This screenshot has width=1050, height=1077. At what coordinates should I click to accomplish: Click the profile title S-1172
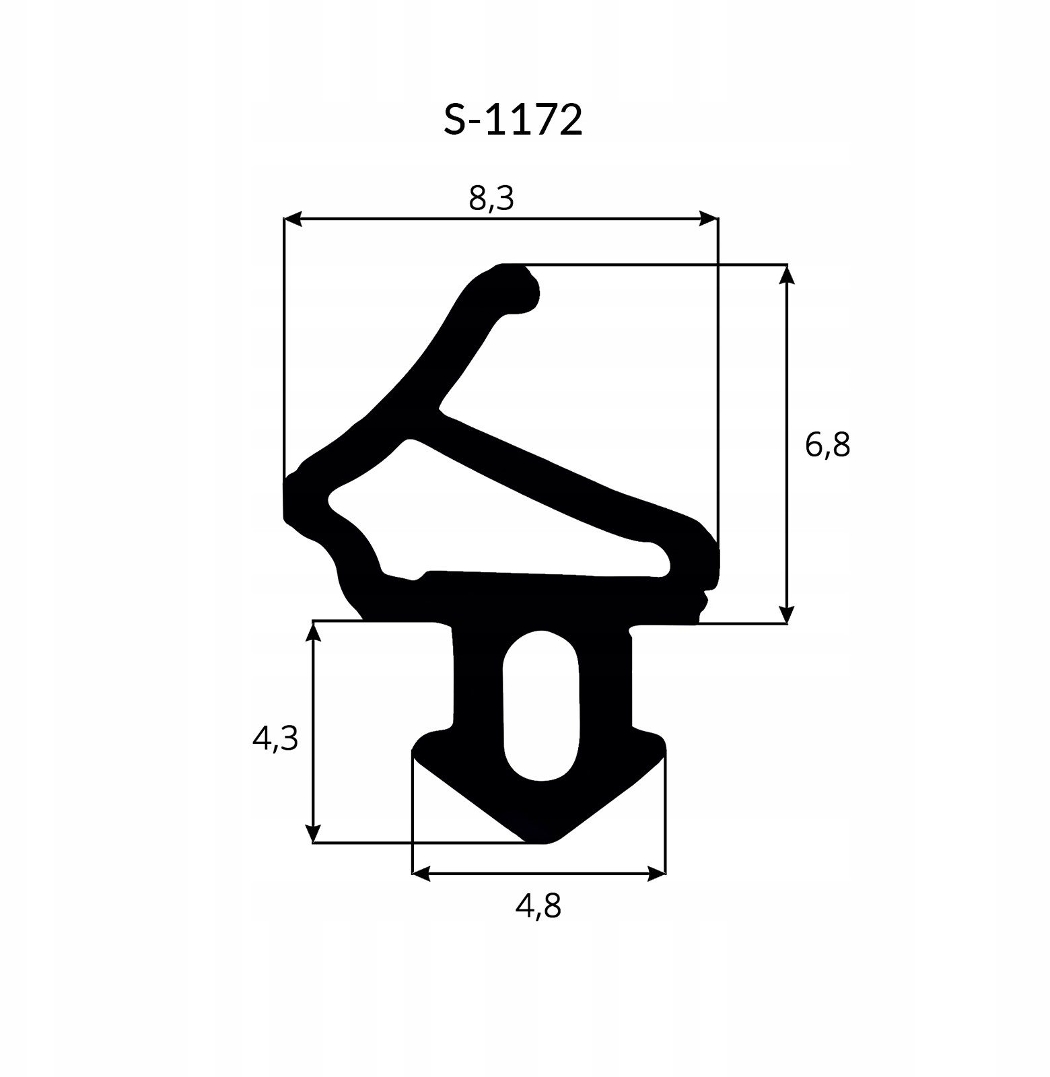tap(513, 120)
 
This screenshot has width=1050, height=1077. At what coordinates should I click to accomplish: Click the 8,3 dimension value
tap(491, 198)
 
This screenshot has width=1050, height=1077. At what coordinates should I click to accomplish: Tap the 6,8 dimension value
tap(828, 445)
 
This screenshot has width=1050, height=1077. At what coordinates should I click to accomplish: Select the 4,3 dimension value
tap(275, 738)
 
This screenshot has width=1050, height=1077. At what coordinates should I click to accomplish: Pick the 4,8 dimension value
tap(538, 905)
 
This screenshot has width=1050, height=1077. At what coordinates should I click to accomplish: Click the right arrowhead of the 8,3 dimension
tap(708, 219)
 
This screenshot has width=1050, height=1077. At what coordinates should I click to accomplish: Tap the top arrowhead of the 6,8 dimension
tap(787, 275)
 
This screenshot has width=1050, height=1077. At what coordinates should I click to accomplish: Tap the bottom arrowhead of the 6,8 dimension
tap(787, 614)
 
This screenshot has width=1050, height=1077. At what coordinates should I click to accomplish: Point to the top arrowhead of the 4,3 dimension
tap(312, 631)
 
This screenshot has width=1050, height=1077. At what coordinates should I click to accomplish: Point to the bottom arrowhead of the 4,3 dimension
tap(312, 833)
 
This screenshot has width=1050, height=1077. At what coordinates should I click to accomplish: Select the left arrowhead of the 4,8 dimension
tap(421, 874)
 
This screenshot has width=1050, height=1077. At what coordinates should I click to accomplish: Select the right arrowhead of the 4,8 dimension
tap(656, 874)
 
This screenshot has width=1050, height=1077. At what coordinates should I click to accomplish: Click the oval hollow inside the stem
tap(541, 707)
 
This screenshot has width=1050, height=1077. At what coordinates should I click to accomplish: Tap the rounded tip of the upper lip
tap(528, 293)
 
